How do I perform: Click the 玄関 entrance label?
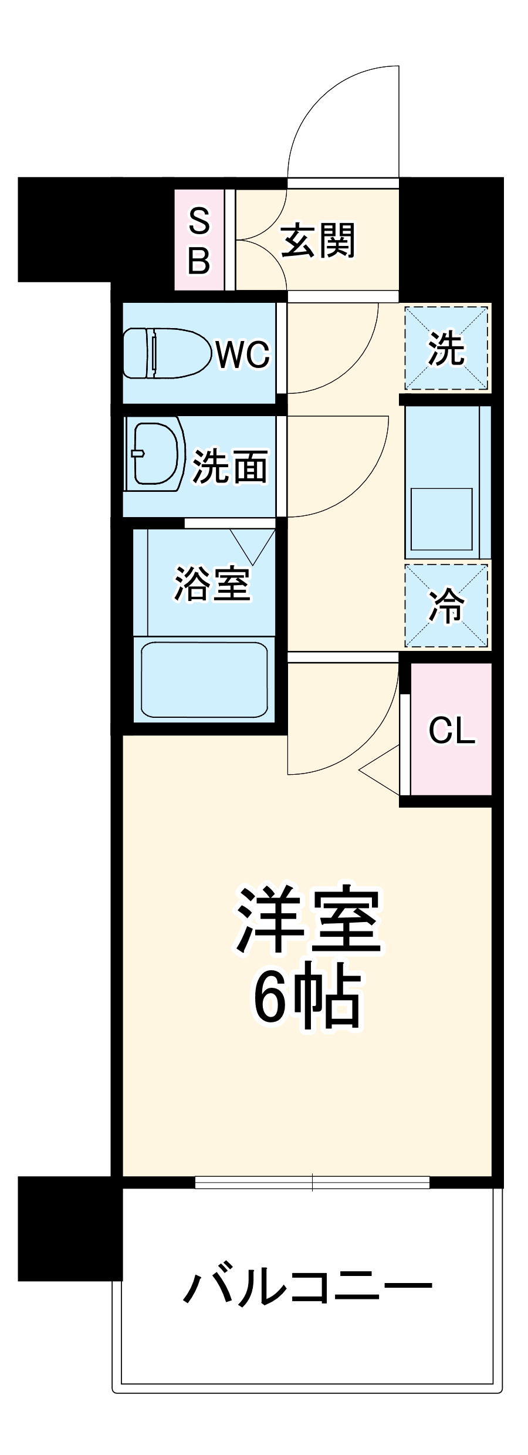tap(318, 241)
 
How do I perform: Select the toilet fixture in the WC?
tap(166, 353)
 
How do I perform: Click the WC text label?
tap(243, 354)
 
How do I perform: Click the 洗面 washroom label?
tap(231, 467)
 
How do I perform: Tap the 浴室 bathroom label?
tap(212, 584)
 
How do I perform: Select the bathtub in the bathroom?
tap(204, 680)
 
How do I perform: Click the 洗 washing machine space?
tap(446, 348)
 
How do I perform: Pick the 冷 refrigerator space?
tap(446, 606)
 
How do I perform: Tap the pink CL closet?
tap(451, 730)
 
